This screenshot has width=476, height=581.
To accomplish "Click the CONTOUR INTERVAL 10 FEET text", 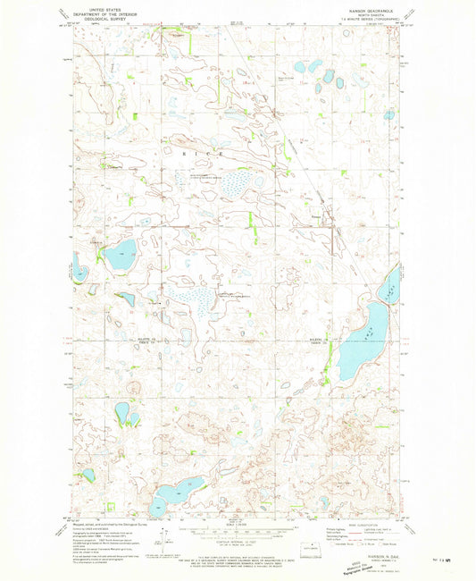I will (x=238, y=540).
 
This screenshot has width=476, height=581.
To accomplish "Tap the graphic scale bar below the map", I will (x=238, y=531).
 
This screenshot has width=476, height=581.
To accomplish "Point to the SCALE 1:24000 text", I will (x=238, y=524).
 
